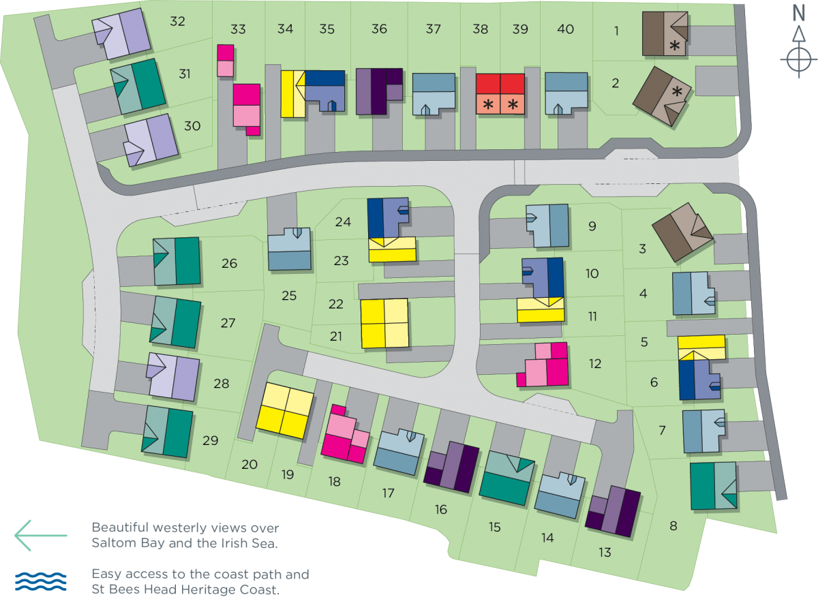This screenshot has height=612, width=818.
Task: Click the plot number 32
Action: [x=177, y=22]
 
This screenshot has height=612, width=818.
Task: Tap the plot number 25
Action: [x=290, y=296]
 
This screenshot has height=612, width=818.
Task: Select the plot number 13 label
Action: [x=605, y=553]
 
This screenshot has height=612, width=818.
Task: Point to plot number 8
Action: [x=673, y=525]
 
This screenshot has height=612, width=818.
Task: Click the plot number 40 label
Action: [x=565, y=29]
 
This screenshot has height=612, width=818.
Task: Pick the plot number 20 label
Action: [x=249, y=464]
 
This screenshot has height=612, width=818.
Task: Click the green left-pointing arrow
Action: [x=40, y=535]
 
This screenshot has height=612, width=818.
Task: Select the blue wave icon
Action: [x=41, y=581]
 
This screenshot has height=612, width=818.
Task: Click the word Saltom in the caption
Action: [x=112, y=543]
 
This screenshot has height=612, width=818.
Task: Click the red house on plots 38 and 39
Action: [x=500, y=93]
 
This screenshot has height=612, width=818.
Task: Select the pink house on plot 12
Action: [x=547, y=365]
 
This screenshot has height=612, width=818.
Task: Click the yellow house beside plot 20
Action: [x=285, y=411]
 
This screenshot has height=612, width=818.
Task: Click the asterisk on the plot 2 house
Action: [x=678, y=91]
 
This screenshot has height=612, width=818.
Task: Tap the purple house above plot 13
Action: [x=613, y=511]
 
